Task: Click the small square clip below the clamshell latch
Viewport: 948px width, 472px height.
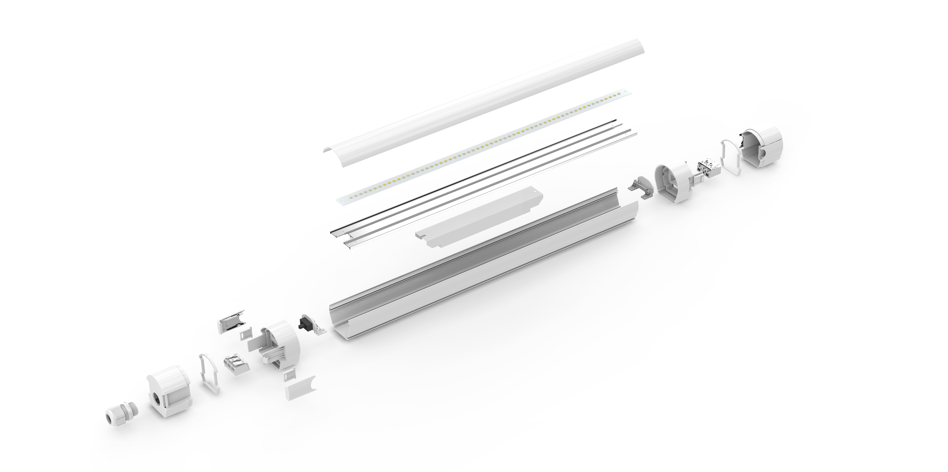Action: click(x=245, y=334)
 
